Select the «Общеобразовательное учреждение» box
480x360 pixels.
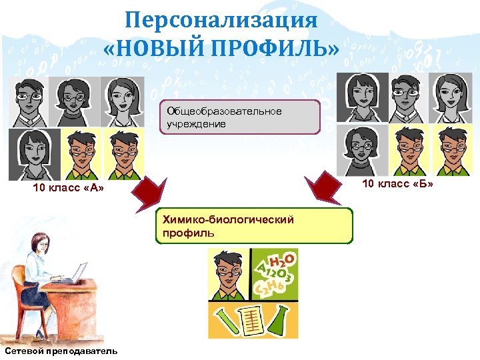[239, 117]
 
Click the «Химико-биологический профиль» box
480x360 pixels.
[254, 226]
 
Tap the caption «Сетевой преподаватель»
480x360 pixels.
[60, 351]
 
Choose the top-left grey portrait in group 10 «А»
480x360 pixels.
[28, 102]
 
